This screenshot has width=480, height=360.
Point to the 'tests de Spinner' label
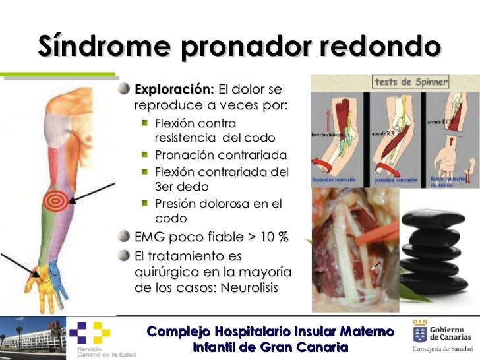[x=411, y=82]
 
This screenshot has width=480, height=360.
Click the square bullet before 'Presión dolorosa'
[x=144, y=203]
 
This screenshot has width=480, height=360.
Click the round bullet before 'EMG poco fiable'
[x=124, y=237]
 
